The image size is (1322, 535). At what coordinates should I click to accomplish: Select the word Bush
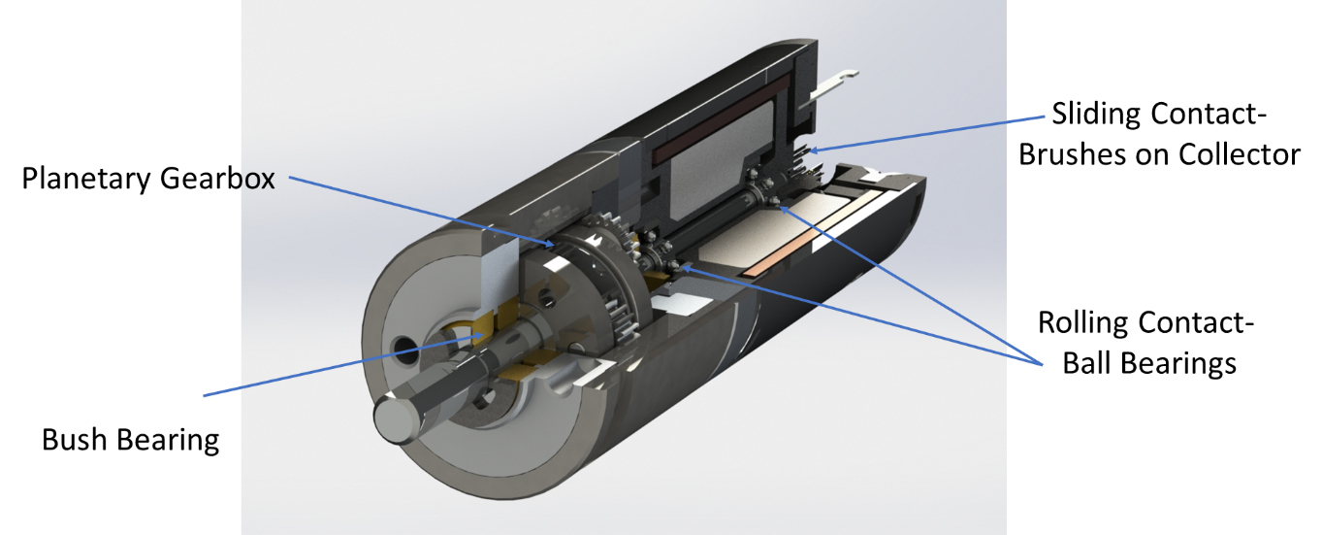click(77, 440)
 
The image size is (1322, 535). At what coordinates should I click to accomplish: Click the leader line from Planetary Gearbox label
click(417, 210)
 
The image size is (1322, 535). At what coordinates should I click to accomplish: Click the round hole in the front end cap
click(401, 346)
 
